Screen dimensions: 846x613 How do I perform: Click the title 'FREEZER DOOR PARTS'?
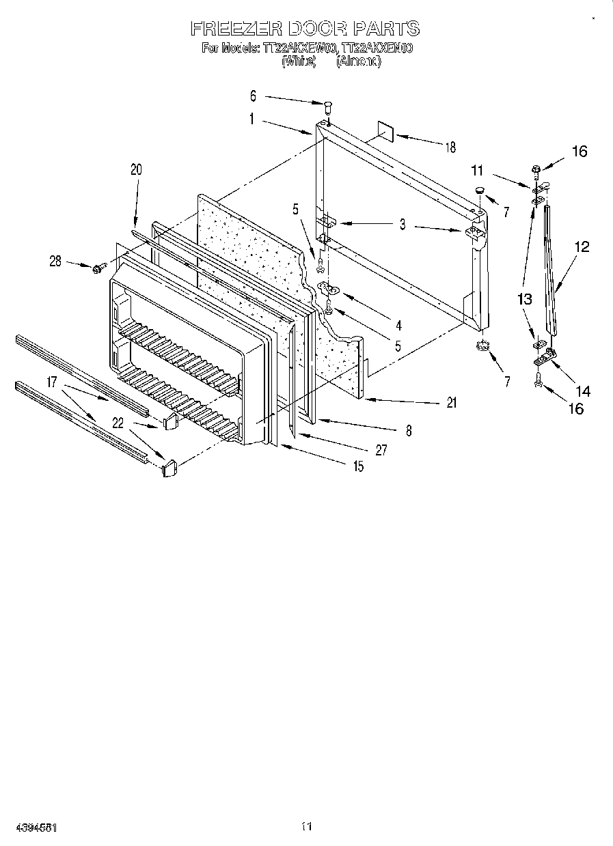tap(304, 29)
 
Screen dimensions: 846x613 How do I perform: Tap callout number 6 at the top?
tap(253, 96)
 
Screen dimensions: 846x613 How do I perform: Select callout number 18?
tap(450, 147)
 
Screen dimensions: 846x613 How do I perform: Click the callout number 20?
tap(136, 170)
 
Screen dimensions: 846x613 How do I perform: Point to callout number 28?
tap(55, 260)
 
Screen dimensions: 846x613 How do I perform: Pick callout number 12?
tap(582, 247)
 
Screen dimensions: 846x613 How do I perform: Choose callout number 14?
tap(583, 391)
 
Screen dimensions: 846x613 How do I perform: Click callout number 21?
tap(451, 403)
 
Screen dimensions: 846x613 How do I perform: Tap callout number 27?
tap(381, 450)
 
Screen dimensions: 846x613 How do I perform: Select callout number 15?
tap(358, 467)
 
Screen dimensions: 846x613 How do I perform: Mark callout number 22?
tap(118, 423)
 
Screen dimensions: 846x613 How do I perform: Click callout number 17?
tap(52, 382)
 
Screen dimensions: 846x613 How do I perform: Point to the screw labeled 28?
tap(98, 268)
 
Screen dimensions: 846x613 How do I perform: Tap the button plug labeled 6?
tap(328, 106)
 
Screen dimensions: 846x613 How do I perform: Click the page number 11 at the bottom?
tap(305, 827)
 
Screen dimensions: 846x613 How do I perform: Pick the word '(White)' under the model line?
tap(298, 61)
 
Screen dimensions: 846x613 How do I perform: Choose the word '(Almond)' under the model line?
tap(358, 61)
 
